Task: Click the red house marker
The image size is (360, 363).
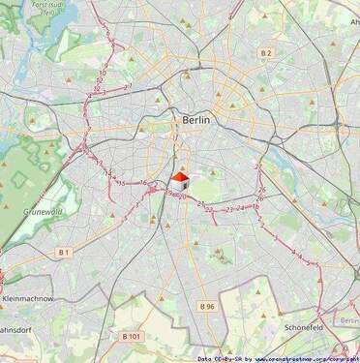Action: point(179,179)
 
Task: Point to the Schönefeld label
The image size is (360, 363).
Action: point(310,327)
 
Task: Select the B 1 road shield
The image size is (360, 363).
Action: point(64,252)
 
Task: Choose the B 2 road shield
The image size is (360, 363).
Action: point(266,52)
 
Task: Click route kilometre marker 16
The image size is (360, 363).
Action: point(142,183)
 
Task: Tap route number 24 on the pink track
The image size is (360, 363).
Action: point(238,208)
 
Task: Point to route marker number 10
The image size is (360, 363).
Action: point(102,73)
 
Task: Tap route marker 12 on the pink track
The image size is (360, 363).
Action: point(96,90)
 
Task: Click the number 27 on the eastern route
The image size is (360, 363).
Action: point(259,166)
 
